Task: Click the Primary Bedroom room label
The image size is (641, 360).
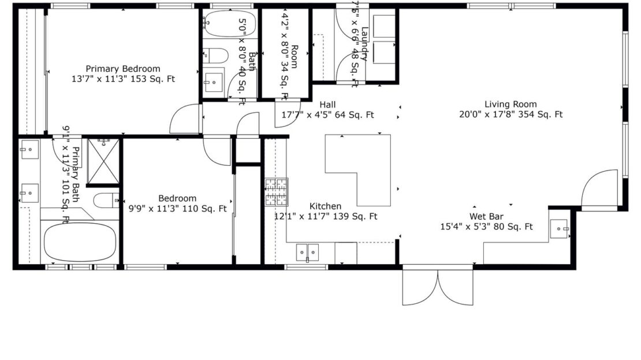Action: click(x=123, y=69)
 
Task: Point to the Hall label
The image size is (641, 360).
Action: click(x=327, y=105)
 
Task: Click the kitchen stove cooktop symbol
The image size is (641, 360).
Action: click(x=276, y=192)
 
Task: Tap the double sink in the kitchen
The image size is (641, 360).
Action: click(x=307, y=252)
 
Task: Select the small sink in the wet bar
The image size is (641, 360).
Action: click(x=559, y=229)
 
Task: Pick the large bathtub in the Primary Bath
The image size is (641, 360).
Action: click(x=80, y=242)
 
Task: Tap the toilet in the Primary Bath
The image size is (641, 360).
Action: click(x=106, y=201)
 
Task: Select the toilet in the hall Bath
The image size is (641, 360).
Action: click(x=217, y=55)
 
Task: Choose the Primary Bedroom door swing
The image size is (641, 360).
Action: click(x=184, y=119)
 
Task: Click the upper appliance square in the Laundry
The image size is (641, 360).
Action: click(x=384, y=26)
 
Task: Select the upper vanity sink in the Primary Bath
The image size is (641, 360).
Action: click(x=29, y=150)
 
